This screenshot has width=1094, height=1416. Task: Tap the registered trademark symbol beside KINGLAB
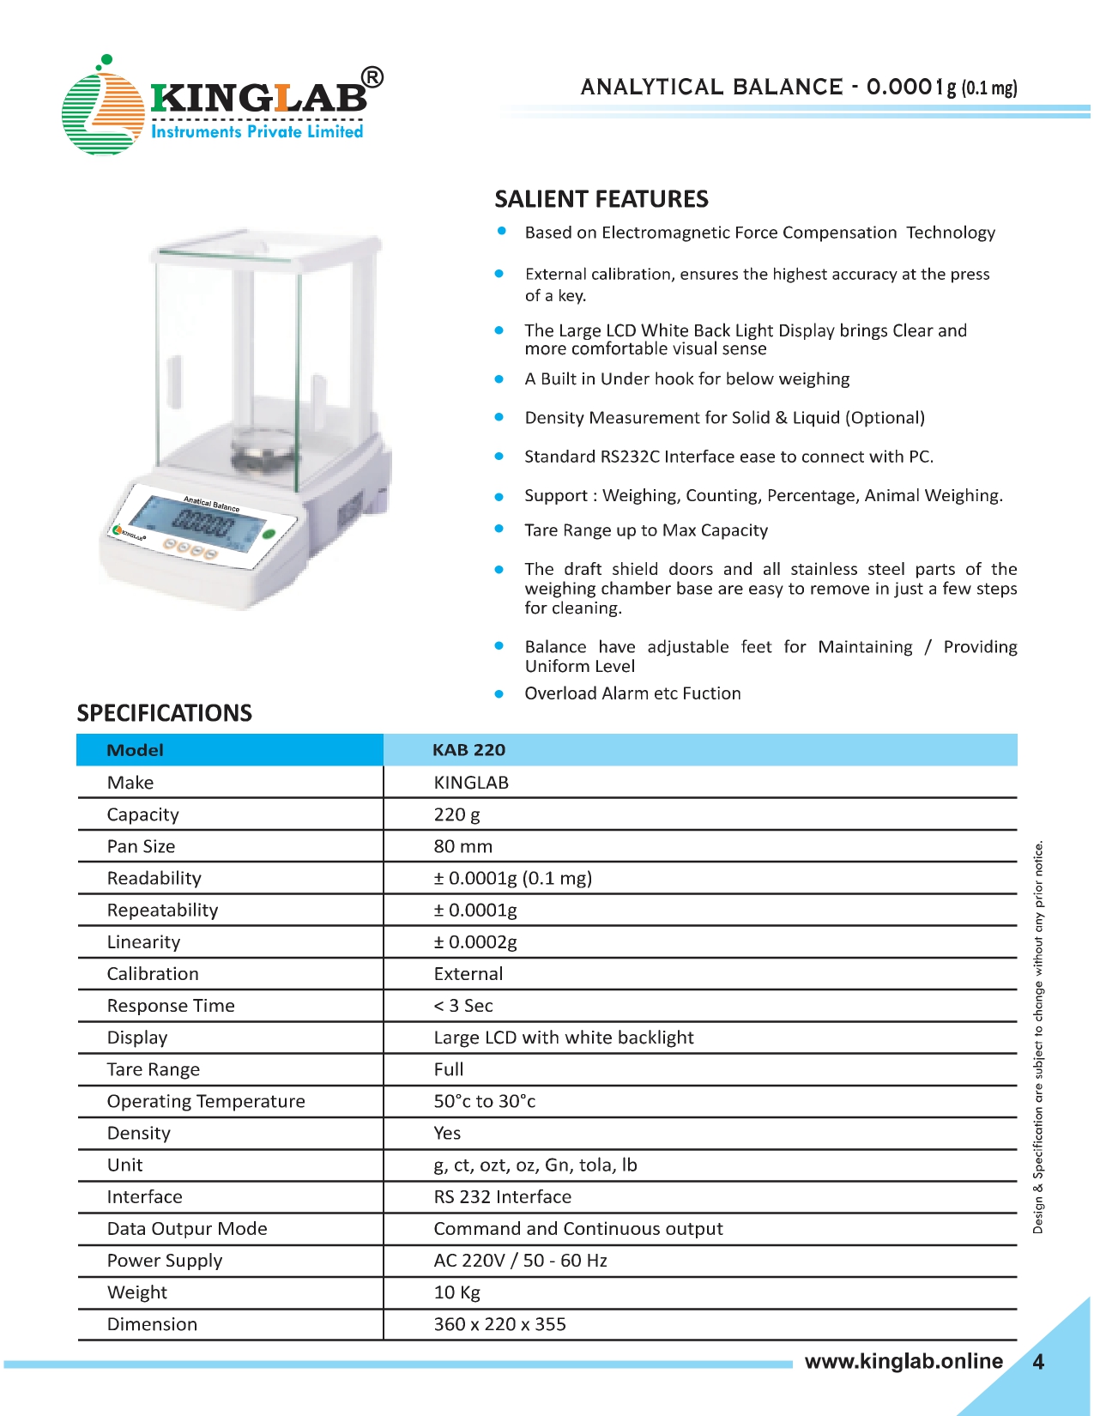(x=372, y=78)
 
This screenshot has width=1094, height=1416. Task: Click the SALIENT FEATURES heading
(x=601, y=199)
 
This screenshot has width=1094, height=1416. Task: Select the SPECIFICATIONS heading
(x=165, y=713)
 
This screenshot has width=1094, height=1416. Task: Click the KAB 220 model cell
(x=468, y=750)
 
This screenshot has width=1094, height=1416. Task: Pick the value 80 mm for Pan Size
(x=462, y=846)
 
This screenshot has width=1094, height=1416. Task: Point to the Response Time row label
(x=171, y=1006)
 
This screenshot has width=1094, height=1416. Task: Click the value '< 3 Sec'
(x=463, y=1006)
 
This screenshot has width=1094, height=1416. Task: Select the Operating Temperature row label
(x=206, y=1101)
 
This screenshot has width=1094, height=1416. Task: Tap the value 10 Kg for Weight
(x=456, y=1292)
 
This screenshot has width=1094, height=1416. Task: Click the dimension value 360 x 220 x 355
(x=499, y=1324)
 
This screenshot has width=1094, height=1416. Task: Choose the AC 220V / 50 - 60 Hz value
(x=520, y=1261)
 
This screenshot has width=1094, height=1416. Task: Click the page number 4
(x=1038, y=1362)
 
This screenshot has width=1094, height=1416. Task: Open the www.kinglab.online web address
(x=904, y=1361)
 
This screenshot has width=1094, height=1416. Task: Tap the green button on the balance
(x=269, y=534)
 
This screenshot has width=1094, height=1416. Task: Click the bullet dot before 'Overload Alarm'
(x=499, y=693)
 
